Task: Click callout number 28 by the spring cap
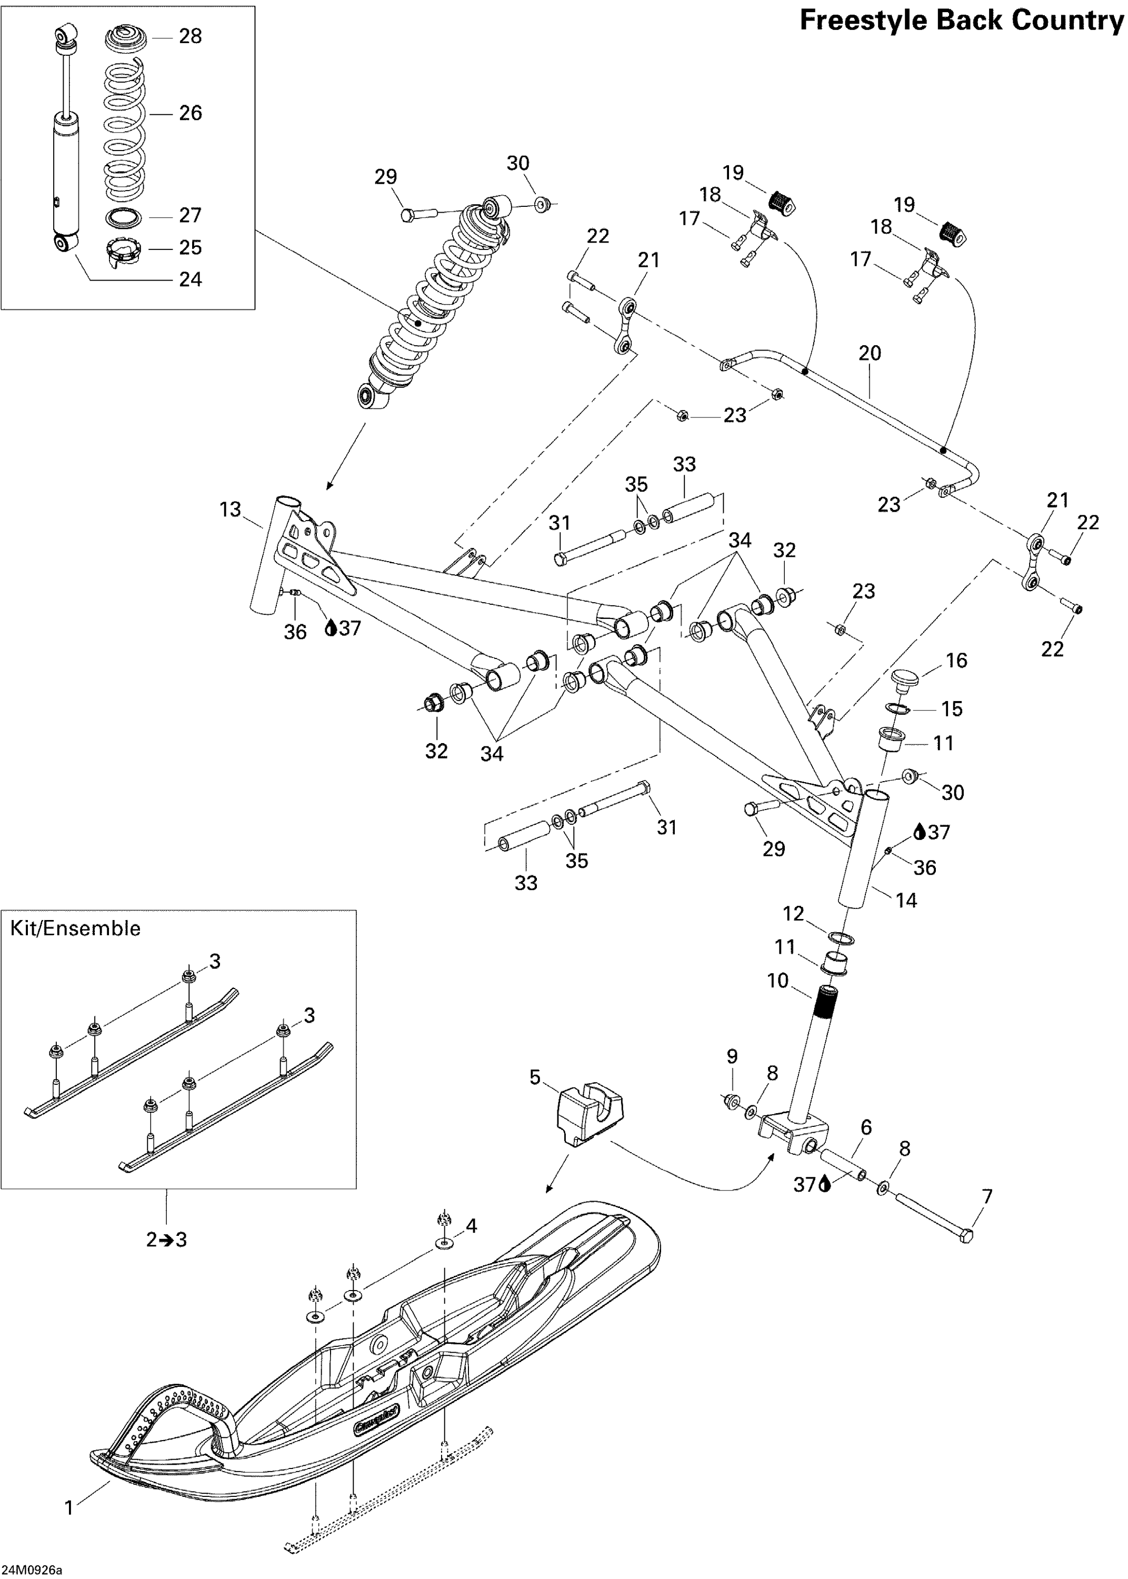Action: (191, 36)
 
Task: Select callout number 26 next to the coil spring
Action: (191, 113)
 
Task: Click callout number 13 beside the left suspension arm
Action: (230, 509)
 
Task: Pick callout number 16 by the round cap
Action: (956, 661)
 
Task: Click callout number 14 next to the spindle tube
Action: (906, 900)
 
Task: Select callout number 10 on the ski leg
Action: (778, 981)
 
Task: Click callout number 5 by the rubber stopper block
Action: (534, 1077)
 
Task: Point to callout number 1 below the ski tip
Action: (69, 1508)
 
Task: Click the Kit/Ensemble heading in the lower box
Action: (75, 928)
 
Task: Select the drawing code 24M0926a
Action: (32, 1570)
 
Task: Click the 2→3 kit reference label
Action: (167, 1240)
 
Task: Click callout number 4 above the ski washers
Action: (471, 1226)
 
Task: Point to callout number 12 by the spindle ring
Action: (793, 913)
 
